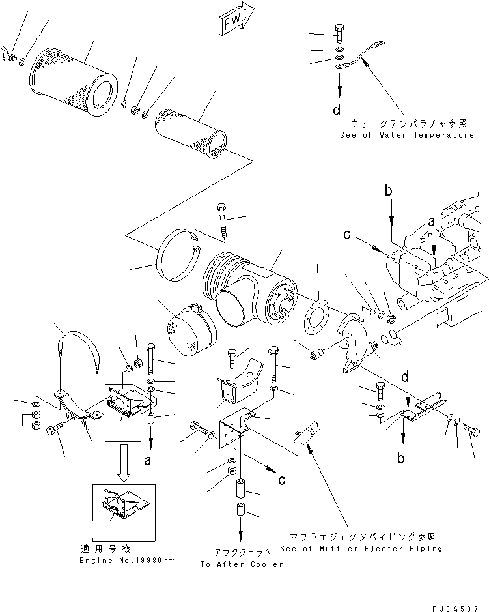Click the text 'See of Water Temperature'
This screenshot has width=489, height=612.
pos(406,135)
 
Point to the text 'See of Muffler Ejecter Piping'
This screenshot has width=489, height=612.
pos(360,549)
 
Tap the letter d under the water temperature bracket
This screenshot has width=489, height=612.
pos(337,110)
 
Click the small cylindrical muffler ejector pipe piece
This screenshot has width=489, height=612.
pos(306,437)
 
